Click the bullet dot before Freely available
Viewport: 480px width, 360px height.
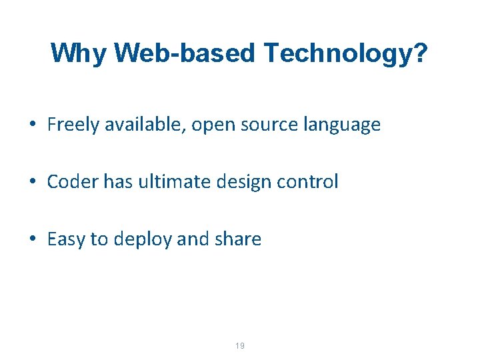point(32,125)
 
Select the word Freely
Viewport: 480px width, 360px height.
point(73,125)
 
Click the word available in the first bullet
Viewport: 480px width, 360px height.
point(143,125)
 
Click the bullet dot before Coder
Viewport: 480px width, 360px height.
point(32,182)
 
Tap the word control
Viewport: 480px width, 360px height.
point(313,181)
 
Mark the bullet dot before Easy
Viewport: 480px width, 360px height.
point(32,239)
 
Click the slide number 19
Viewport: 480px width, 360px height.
point(240,345)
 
